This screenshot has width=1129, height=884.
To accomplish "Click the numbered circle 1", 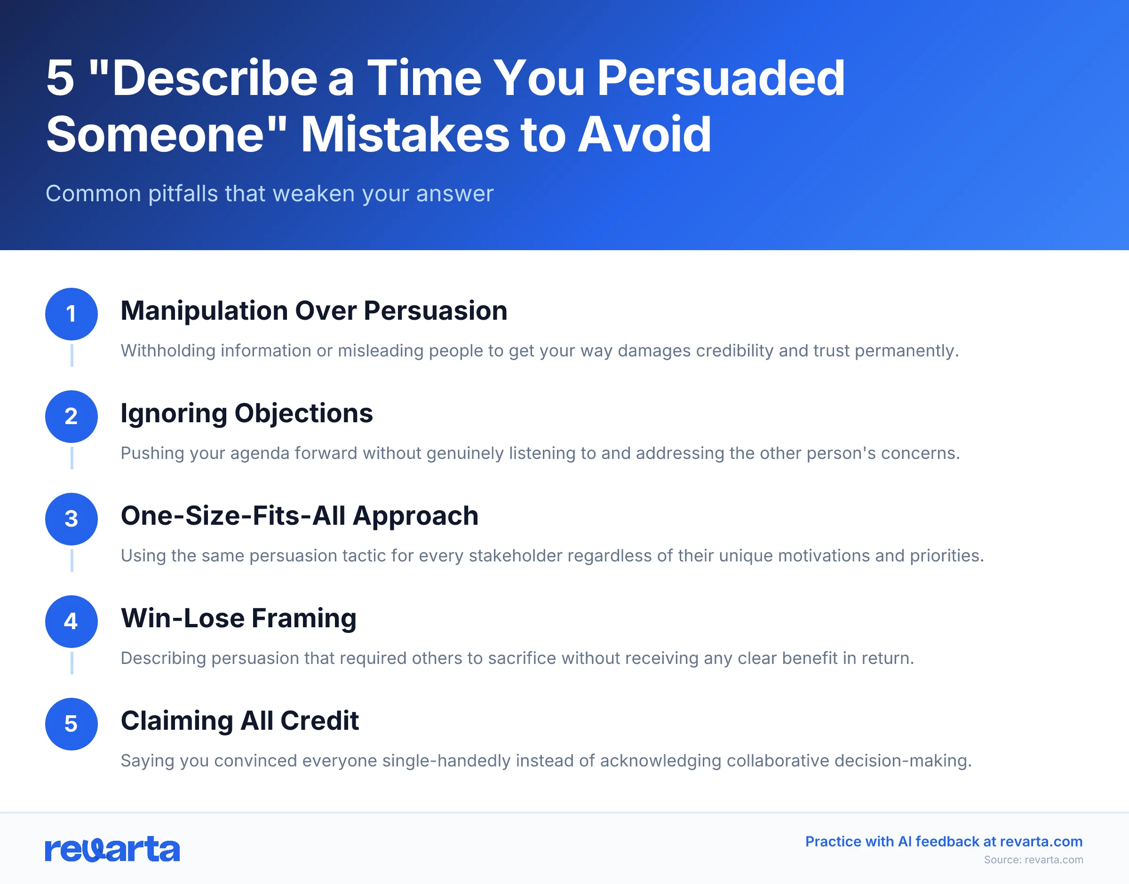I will pos(72,314).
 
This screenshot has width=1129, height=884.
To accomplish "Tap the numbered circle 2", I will pos(72,416).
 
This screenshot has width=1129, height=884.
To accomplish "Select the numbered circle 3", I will pos(72,519).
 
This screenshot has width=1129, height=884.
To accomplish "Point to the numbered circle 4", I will pos(72,621).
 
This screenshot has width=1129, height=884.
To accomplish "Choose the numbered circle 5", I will pos(72,724).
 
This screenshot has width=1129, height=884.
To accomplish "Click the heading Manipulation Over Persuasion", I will pos(314,310).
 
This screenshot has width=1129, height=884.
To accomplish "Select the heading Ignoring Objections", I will pos(246,413).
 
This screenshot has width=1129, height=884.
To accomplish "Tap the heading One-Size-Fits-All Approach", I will pos(299,515).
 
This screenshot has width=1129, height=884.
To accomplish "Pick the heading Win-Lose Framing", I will pos(238,618).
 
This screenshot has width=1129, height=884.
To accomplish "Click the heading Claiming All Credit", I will pos(239,720).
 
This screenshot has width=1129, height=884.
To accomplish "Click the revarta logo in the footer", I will pos(112,849).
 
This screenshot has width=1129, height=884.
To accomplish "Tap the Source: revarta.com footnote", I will pos(1033,860).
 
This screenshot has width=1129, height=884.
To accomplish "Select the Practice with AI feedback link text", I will pos(944,842).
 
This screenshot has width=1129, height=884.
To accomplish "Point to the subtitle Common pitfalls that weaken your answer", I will pos(269,194).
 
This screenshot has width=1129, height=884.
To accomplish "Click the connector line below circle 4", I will pos(72,663).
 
